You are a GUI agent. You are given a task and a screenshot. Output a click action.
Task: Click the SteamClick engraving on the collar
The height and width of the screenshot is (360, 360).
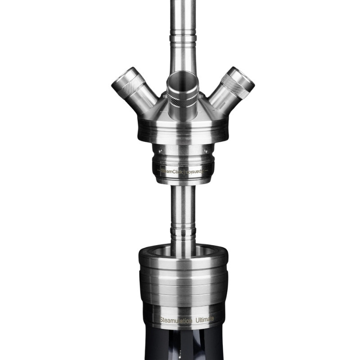(x=170, y=172)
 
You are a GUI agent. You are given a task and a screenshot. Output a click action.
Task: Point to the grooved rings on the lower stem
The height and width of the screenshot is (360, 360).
(x=183, y=232)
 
